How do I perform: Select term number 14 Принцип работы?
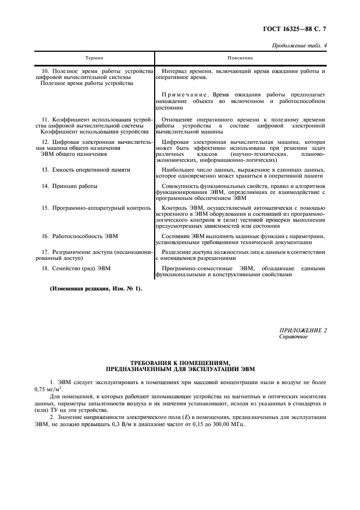[x=70, y=186]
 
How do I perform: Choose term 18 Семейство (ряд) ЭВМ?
[x=76, y=268]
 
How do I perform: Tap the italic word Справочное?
[x=293, y=337]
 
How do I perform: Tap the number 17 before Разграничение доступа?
[x=45, y=252]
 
